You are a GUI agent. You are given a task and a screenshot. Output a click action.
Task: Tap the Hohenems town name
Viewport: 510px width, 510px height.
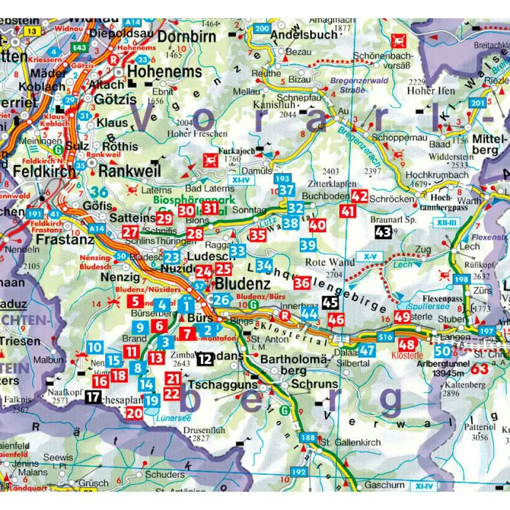(165, 72)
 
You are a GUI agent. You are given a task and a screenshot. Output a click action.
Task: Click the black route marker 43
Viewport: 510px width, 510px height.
(383, 231)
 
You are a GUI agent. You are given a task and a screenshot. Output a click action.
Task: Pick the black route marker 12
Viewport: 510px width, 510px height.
(205, 360)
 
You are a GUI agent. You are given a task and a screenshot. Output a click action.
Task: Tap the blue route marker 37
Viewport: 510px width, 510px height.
(287, 190)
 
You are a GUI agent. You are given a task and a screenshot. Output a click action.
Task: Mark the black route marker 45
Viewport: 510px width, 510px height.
(330, 303)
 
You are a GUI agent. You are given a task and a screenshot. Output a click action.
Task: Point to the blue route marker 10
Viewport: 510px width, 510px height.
(95, 347)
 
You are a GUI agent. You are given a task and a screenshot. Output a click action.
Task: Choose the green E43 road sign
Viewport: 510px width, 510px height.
(80, 47)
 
